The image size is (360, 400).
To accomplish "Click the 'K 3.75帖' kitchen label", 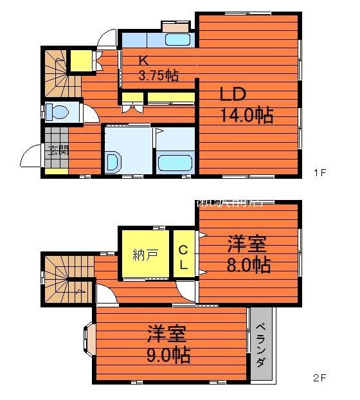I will point(158,69).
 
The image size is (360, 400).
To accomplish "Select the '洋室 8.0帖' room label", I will point(248,254).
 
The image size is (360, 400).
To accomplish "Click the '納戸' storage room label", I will point(145,254).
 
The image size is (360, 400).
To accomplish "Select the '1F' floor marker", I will point(320,172).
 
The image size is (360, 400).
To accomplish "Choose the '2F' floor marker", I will point(320,378).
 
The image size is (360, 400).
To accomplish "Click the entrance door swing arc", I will point(30,156).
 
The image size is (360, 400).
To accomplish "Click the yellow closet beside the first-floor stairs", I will point(81,61).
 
